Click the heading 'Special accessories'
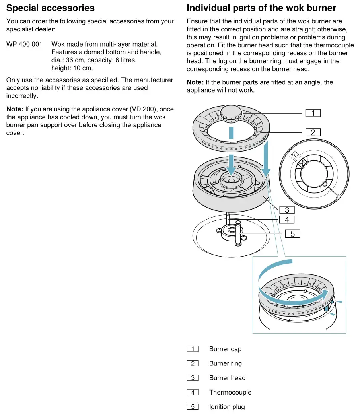coord(51,8)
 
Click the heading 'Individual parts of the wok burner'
coord(261,8)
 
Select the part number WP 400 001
coord(24,44)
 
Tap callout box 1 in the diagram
coord(313,113)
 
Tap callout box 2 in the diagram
coord(313,132)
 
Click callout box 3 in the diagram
coord(287,210)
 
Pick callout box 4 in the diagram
coord(287,220)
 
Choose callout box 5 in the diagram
coord(293,234)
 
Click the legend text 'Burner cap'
coord(225,349)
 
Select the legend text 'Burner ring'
coord(225,363)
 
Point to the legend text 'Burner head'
coord(227,378)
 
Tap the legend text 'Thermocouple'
coord(230,392)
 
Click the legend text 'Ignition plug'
coord(227,407)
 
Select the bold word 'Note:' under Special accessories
coord(15,109)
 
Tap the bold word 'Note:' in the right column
coord(195,82)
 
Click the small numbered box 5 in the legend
coord(193,407)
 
